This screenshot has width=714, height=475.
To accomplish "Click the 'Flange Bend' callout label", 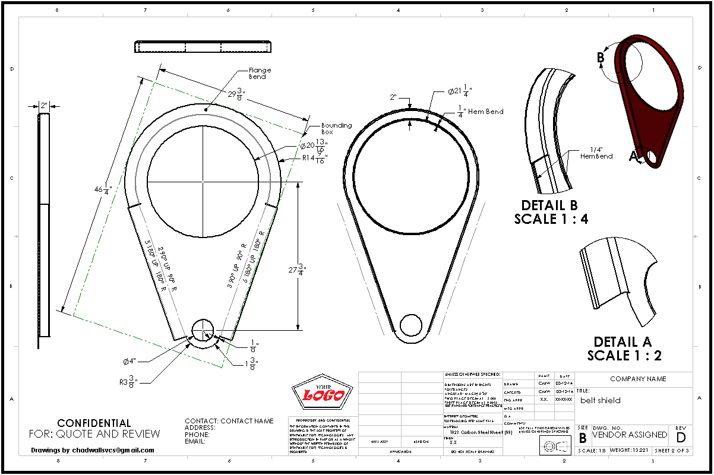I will [x=257, y=73].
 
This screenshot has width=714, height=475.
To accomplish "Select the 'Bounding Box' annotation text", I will [x=336, y=128].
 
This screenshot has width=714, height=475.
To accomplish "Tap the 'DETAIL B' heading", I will [x=549, y=205].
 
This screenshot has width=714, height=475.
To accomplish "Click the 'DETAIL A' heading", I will [x=623, y=342].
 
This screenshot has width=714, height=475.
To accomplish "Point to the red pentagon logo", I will [x=323, y=393].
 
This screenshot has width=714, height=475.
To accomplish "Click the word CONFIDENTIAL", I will [x=94, y=423].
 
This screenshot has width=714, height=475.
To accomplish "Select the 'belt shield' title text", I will [x=601, y=400].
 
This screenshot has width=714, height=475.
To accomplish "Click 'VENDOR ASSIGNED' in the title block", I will [x=629, y=435].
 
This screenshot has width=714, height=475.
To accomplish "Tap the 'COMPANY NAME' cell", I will [x=638, y=379].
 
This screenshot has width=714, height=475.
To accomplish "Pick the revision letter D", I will [x=681, y=437].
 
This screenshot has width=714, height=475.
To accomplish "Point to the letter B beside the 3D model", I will [x=601, y=57].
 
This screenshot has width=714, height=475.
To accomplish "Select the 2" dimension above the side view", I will [x=44, y=106].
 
